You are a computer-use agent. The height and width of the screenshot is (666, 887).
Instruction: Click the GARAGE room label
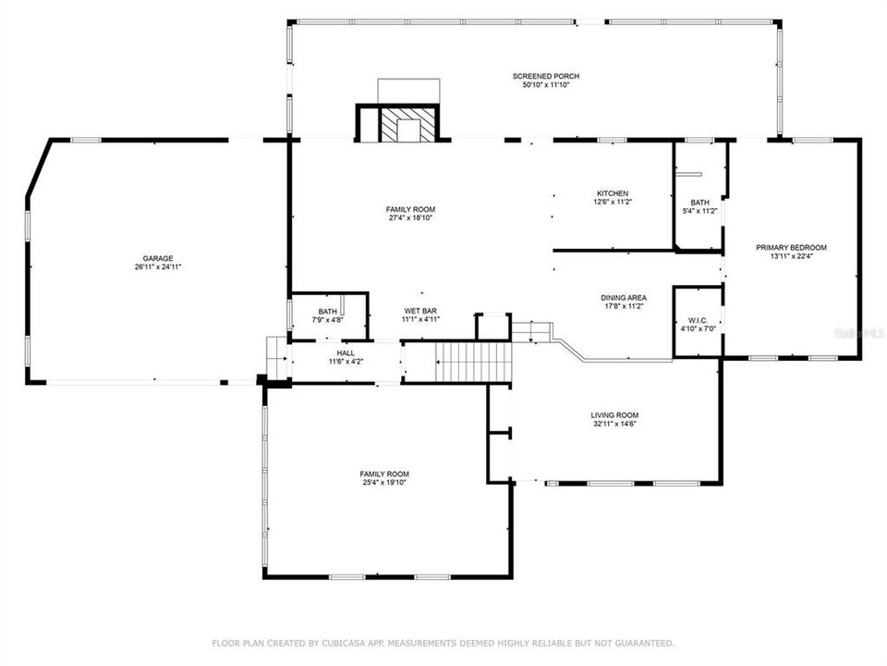(x=157, y=258)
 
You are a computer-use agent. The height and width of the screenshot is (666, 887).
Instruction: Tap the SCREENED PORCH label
(x=546, y=76)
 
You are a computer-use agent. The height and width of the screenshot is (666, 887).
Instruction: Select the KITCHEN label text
(x=612, y=193)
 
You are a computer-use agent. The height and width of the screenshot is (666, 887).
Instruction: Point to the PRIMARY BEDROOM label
(x=791, y=247)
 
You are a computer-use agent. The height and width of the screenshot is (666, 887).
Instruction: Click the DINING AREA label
(x=624, y=298)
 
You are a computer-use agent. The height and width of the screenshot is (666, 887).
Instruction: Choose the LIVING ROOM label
(x=614, y=415)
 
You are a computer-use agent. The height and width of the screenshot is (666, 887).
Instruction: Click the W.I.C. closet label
(x=698, y=320)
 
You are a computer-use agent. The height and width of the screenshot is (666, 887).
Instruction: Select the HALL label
(x=346, y=352)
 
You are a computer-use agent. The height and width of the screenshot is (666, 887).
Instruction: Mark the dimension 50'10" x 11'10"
(x=546, y=84)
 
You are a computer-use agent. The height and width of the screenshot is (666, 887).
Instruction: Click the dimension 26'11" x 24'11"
(x=157, y=266)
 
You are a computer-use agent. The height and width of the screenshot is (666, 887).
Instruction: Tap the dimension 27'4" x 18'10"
(x=410, y=217)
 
